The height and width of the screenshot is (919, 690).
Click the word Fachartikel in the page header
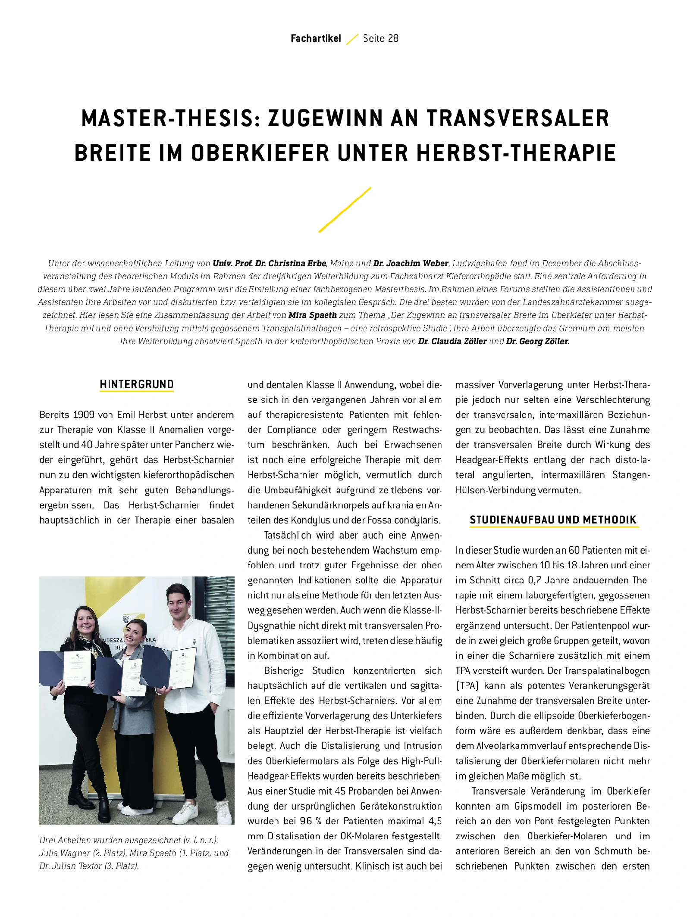click(316, 39)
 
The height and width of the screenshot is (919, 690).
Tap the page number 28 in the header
click(393, 39)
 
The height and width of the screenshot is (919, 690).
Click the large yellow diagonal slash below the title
click(345, 210)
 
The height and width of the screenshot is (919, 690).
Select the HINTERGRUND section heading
click(137, 384)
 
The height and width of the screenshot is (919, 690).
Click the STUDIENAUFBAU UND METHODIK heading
click(553, 520)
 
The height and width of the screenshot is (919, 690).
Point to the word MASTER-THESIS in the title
click(171, 118)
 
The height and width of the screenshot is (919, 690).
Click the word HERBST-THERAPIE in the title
click(516, 153)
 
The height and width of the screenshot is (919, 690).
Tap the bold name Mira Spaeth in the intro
click(313, 315)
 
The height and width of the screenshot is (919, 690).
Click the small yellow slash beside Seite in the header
click(352, 39)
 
